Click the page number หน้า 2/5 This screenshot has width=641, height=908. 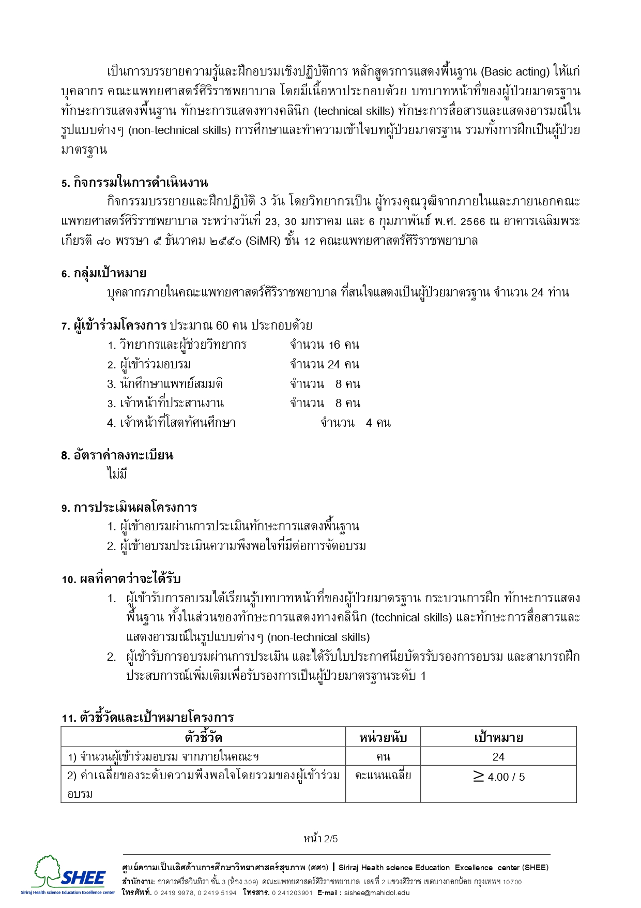(x=320, y=839)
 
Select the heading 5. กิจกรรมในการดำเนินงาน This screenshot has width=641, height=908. (x=134, y=183)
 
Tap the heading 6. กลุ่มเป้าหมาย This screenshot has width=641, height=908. (x=103, y=273)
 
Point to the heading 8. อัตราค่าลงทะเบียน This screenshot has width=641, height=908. (x=117, y=455)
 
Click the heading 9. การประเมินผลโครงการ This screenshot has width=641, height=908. (x=129, y=508)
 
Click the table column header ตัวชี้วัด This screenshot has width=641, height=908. (x=203, y=737)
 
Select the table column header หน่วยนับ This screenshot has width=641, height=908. (x=383, y=737)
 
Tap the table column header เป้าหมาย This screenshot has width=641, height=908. (x=498, y=737)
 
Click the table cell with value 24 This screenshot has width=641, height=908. (x=498, y=757)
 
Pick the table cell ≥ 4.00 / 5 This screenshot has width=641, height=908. (x=498, y=777)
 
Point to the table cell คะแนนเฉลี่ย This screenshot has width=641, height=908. (x=383, y=776)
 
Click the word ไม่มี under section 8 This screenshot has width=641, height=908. (x=117, y=474)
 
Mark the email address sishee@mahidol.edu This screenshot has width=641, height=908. (x=377, y=892)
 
